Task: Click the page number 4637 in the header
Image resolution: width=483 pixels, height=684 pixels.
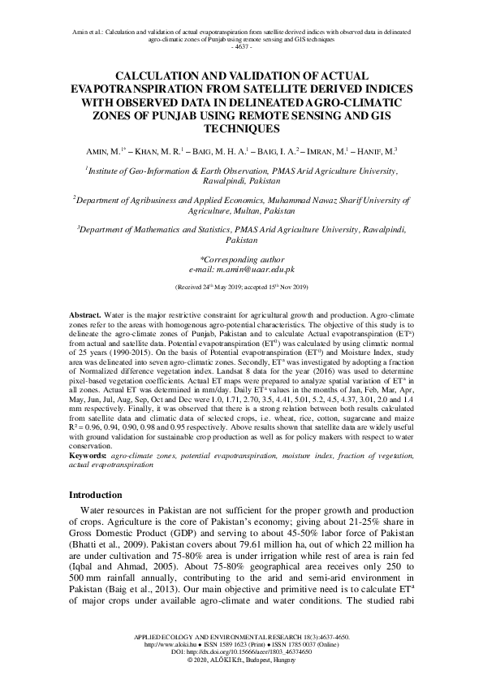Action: tap(241, 48)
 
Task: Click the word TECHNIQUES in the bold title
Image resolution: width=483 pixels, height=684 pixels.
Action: tap(241, 128)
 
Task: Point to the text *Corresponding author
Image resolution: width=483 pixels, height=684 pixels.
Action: tap(241, 258)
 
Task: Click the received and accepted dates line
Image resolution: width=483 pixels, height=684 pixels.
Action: tap(241, 287)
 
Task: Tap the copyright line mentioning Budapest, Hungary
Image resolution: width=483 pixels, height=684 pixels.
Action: tap(241, 668)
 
